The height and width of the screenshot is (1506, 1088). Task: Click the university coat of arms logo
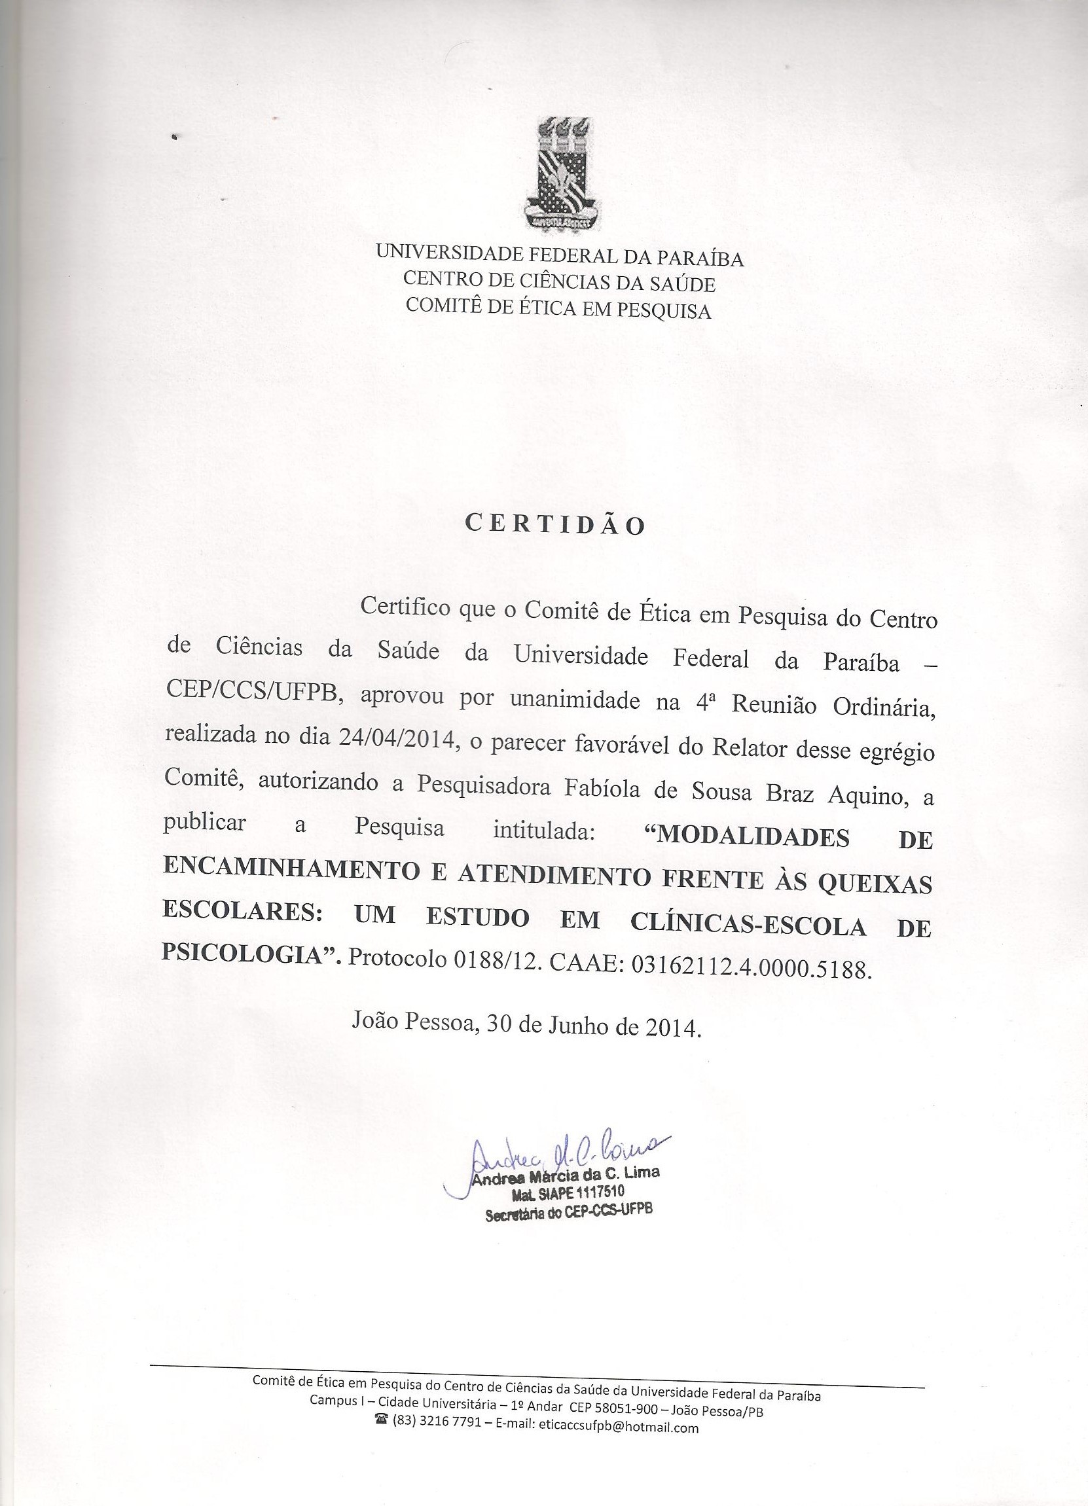(x=562, y=174)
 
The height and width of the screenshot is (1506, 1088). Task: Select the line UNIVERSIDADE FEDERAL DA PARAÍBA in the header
(x=560, y=256)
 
